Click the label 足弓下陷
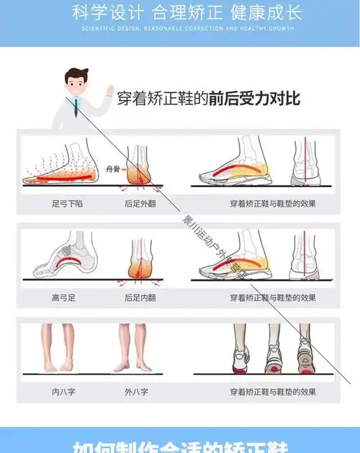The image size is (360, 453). point(68,205)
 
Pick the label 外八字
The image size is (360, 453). point(136,393)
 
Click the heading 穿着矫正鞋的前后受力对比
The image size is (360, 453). point(209,99)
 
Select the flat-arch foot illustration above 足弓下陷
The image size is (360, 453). point(61,168)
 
